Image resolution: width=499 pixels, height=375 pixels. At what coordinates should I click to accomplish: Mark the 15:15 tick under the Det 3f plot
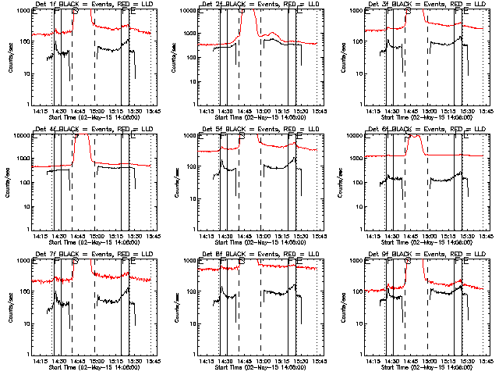tap(451, 111)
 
